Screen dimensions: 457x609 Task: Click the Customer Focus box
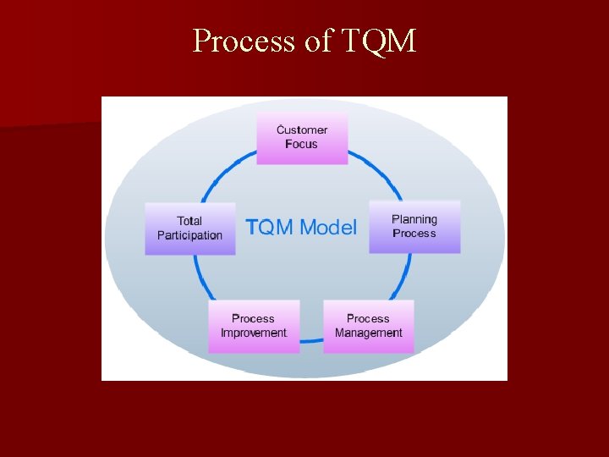(x=302, y=138)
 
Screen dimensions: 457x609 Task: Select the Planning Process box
(x=414, y=227)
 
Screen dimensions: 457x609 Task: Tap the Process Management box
(x=368, y=326)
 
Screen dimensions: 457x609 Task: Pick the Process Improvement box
(x=254, y=326)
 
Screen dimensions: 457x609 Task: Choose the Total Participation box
(x=189, y=228)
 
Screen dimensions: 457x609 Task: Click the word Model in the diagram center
(x=328, y=228)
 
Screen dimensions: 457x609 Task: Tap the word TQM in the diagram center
(x=270, y=228)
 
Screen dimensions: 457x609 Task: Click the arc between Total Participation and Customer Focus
(x=227, y=172)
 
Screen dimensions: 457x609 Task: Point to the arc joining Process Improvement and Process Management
(x=311, y=340)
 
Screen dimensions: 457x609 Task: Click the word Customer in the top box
(x=302, y=130)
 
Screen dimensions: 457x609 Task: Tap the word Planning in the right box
(x=414, y=220)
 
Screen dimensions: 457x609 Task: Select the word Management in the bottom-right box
(x=368, y=333)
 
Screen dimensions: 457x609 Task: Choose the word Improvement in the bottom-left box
(x=254, y=333)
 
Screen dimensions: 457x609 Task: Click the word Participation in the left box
(x=189, y=236)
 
